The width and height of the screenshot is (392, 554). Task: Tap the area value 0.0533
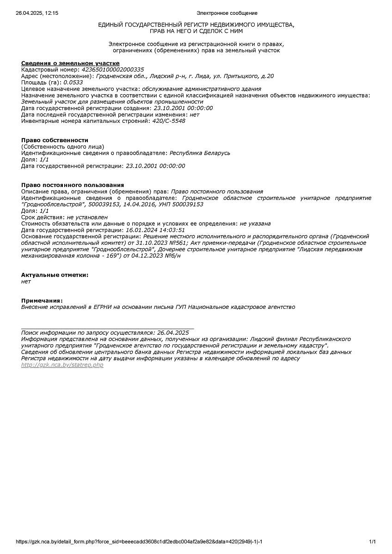(x=73, y=83)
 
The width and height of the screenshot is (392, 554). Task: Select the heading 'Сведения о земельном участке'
(x=70, y=63)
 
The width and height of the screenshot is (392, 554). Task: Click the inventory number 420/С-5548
(x=169, y=121)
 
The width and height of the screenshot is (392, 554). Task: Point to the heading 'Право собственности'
(x=55, y=140)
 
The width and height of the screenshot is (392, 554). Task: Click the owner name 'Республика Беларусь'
(x=200, y=153)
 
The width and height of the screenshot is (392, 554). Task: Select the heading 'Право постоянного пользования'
(x=73, y=185)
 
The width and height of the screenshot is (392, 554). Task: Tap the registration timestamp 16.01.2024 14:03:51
(x=155, y=230)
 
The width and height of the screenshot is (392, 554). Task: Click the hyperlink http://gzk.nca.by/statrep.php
(x=62, y=365)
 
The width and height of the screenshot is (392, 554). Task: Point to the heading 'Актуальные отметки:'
(x=55, y=275)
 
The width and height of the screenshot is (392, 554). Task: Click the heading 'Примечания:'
(x=42, y=301)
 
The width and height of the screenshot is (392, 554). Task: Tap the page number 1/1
(x=373, y=542)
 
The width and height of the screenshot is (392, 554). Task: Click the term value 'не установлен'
(x=87, y=217)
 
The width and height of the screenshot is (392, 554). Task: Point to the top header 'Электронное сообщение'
(x=227, y=13)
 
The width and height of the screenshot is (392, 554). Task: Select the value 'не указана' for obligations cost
(x=255, y=223)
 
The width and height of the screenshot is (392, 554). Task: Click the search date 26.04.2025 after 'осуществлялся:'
(x=173, y=332)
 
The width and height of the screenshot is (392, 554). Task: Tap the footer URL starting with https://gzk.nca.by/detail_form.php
(x=139, y=542)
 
